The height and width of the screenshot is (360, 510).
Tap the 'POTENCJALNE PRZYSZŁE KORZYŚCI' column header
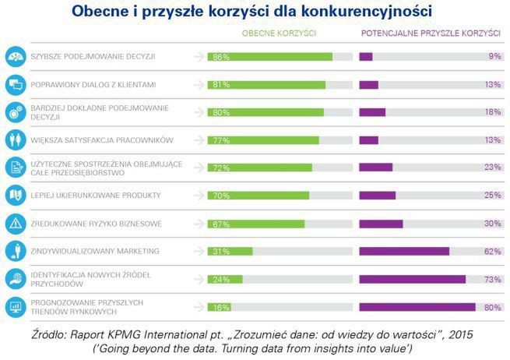429,36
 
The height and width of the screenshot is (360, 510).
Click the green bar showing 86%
269,57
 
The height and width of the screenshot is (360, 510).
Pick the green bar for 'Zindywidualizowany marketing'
230,251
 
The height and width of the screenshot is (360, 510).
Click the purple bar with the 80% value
417,307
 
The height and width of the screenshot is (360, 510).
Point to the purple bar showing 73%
412,279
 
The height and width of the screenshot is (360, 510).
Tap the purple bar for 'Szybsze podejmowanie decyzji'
365,57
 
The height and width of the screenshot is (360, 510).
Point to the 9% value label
494,57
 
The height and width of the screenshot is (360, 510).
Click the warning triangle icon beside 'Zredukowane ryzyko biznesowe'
15,223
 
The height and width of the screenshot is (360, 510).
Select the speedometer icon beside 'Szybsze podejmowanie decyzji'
15,57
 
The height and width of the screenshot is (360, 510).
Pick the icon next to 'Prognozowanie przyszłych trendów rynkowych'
15,306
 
